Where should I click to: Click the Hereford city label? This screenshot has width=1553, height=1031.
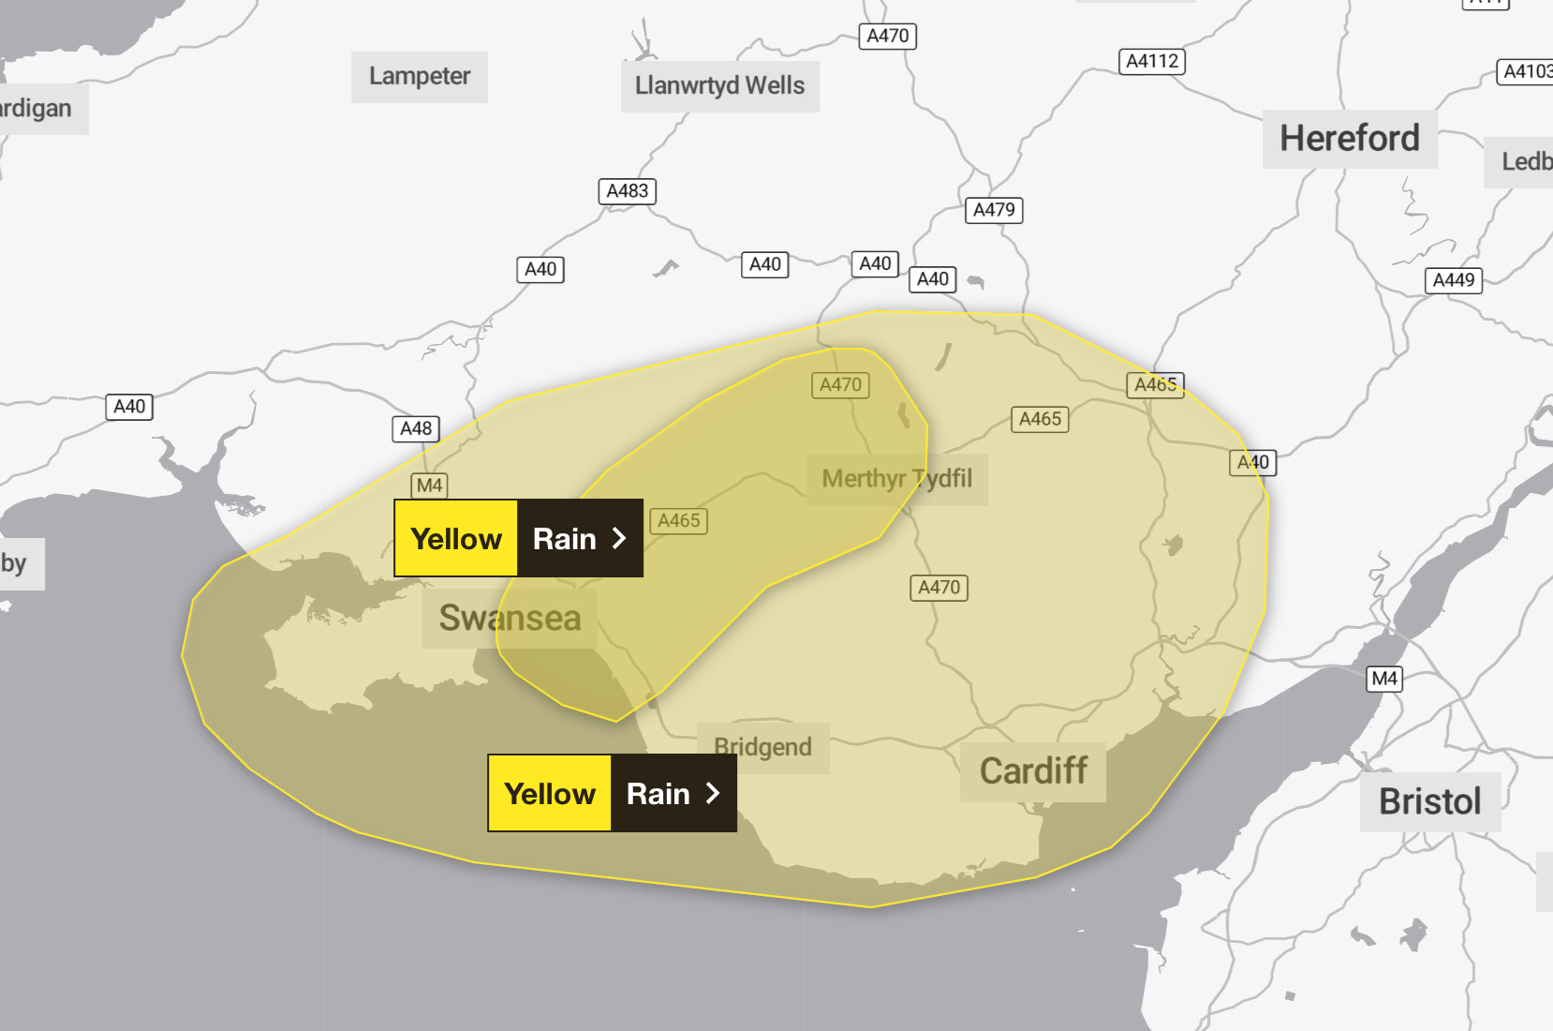coord(1349,139)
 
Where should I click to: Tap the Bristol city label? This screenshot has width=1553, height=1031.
coord(1429,801)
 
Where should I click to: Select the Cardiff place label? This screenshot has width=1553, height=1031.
coord(1032,771)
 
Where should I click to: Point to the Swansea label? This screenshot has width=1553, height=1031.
coord(510,619)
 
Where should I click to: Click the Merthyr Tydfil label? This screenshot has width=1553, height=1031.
coord(896,479)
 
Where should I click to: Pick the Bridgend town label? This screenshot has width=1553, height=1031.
coord(762,747)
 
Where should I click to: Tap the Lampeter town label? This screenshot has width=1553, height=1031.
coord(419,76)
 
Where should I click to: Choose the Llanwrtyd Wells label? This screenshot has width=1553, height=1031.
coord(719,85)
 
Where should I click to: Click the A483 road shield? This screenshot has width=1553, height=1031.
coord(627,191)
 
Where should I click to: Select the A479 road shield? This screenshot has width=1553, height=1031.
coord(993,210)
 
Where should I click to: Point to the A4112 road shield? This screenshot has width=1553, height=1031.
coord(1151,62)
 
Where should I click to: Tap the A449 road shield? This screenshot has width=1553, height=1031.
coord(1453,280)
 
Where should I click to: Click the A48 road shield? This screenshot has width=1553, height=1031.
coord(415,429)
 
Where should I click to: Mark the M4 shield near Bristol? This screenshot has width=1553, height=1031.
coord(1384,679)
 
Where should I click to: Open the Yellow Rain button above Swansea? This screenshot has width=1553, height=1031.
coord(518,538)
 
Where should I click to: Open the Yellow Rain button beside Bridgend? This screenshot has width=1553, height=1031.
coord(612,793)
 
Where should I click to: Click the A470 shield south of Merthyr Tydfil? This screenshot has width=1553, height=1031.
coord(939,588)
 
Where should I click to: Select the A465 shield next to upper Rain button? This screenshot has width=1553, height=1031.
coord(678,521)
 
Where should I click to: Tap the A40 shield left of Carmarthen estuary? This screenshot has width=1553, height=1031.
coord(129,407)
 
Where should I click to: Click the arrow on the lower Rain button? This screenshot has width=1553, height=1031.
coord(713,793)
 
